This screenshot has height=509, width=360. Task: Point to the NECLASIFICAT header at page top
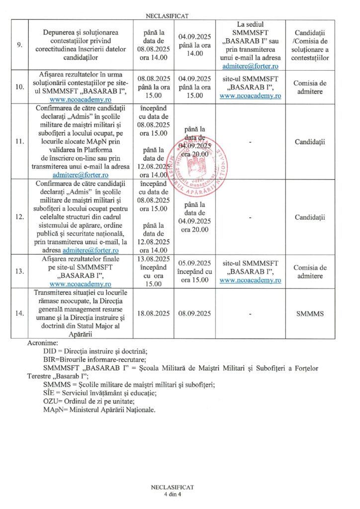click(x=180, y=15)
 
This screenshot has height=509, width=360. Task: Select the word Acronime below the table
click(x=43, y=343)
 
